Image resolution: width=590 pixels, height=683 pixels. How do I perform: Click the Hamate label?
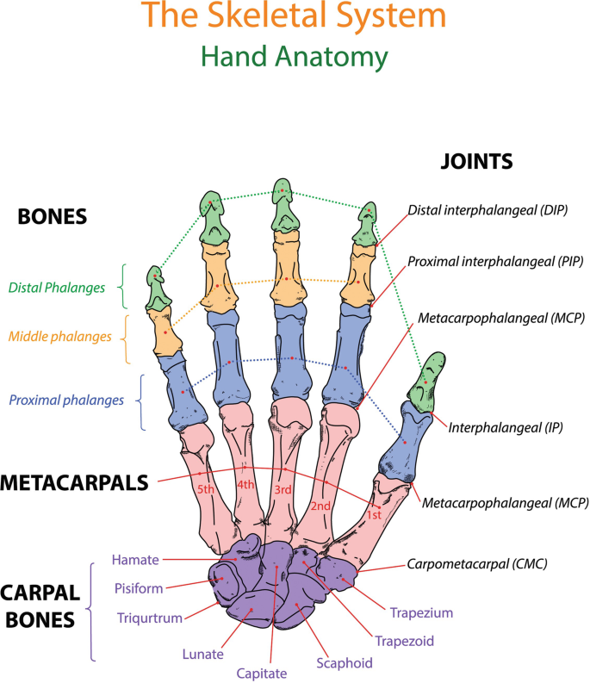[135, 560]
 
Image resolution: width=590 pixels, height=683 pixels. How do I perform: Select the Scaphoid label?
[344, 662]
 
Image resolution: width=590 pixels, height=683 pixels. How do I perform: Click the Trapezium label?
[421, 613]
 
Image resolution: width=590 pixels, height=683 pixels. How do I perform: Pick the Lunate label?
[202, 655]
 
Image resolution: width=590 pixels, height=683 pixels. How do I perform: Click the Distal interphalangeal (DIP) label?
[487, 209]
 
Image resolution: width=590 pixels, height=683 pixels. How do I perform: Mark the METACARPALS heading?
[75, 482]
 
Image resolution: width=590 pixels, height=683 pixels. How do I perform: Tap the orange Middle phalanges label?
[60, 336]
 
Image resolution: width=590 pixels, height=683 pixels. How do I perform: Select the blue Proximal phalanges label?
[65, 400]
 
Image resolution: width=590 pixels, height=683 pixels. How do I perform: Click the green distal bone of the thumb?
[427, 382]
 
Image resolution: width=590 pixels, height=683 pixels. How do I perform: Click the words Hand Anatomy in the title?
[294, 57]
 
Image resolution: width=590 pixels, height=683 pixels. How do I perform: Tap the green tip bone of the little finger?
[156, 288]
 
